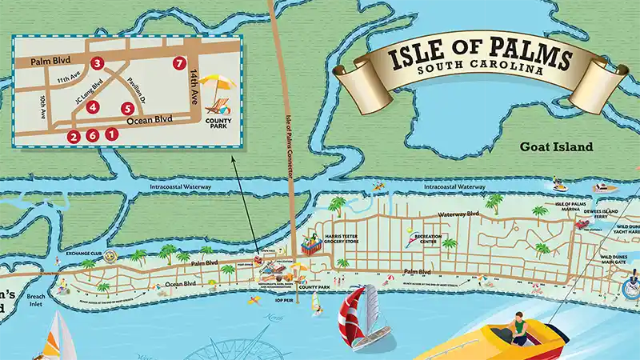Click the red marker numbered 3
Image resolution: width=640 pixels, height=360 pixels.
[97, 62]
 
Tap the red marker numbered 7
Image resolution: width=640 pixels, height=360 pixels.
[178, 62]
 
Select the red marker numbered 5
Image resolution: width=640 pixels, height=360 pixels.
[126, 108]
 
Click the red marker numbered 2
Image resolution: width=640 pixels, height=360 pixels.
[74, 136]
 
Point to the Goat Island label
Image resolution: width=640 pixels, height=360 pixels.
[556, 147]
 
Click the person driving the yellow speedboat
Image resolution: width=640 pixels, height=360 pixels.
[519, 328]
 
